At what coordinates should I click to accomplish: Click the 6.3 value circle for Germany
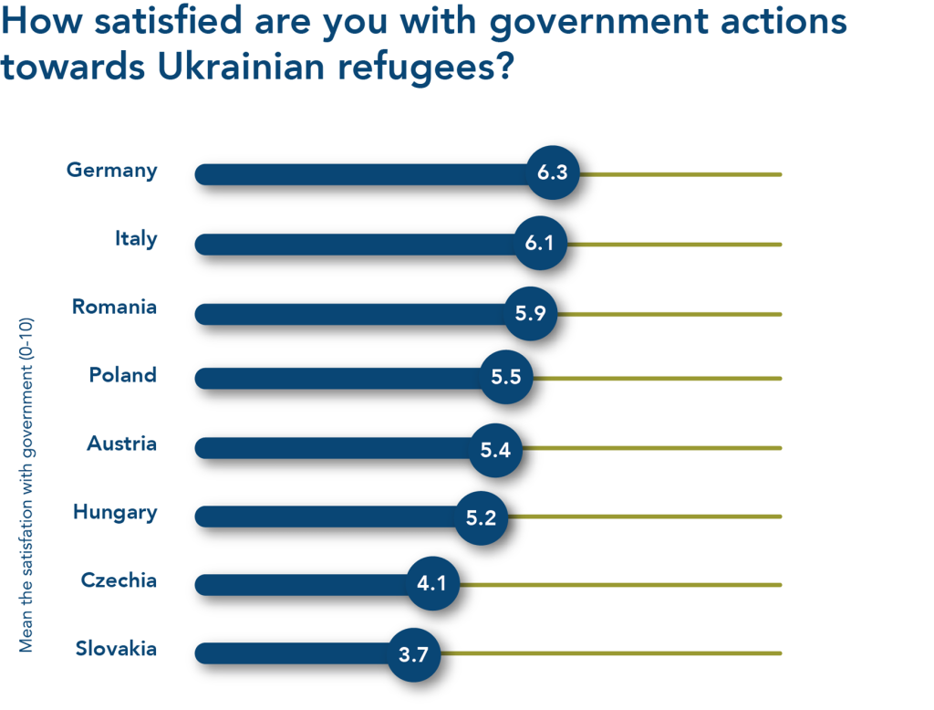point(553,172)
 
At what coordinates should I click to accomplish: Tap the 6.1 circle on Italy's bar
point(540,243)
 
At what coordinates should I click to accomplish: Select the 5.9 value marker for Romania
point(530,314)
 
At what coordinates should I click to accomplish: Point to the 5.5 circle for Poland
point(505,377)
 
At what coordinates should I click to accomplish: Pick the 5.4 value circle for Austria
point(495,450)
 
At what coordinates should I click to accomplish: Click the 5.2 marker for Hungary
point(482,517)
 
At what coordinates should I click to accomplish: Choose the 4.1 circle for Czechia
point(432,583)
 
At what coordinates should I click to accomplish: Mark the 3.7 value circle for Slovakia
point(414,654)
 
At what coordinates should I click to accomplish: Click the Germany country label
point(112,171)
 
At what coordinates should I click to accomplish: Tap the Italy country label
point(137,239)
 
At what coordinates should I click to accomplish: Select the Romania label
point(114,307)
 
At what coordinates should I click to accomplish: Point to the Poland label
point(123,375)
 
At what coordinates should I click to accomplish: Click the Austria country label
point(122,444)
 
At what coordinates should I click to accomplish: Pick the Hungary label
point(116,513)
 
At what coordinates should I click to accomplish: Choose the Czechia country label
point(119,580)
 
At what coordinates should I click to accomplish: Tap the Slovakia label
point(116,649)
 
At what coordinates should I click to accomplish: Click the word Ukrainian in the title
point(241,67)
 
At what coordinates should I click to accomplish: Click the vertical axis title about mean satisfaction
point(26,485)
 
